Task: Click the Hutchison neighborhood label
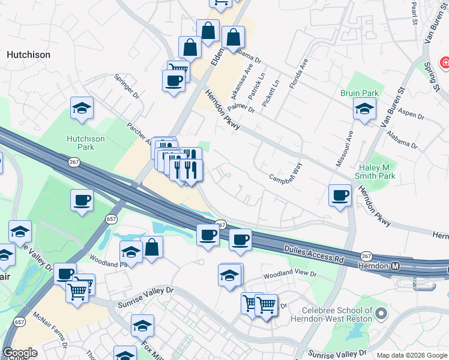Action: click(x=28, y=55)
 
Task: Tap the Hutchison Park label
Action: click(x=86, y=143)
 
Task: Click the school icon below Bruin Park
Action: click(x=364, y=109)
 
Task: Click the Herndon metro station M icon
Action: click(x=396, y=266)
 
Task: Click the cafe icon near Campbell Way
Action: click(x=340, y=195)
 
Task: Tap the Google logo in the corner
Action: click(x=20, y=353)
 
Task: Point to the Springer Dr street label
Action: click(x=127, y=87)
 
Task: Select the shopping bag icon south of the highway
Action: click(x=152, y=247)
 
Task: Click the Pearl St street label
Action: click(x=414, y=9)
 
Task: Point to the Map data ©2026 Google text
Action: click(x=412, y=355)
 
